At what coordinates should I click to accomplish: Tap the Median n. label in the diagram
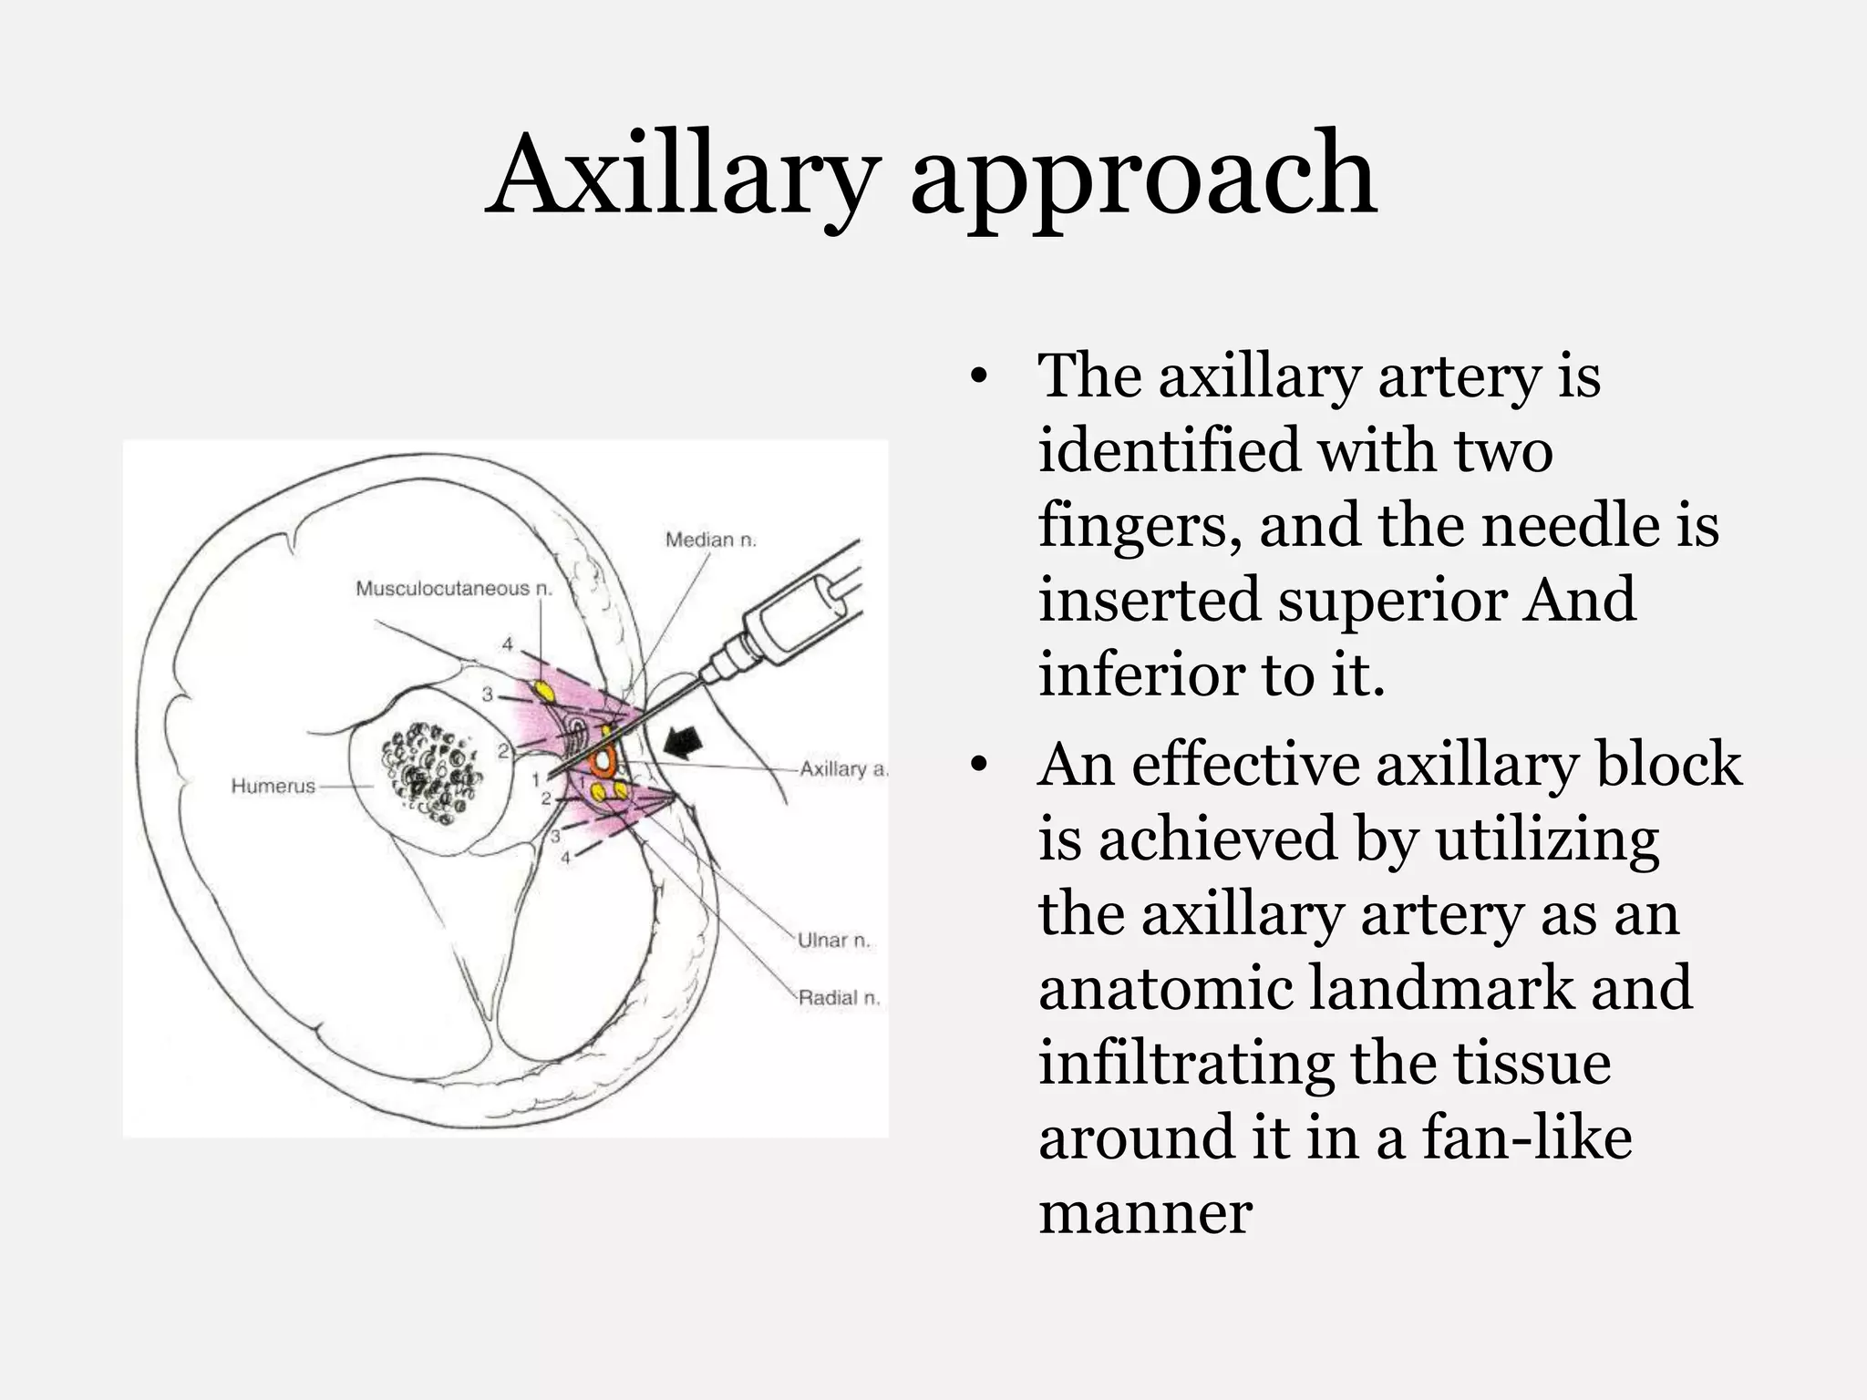(x=711, y=540)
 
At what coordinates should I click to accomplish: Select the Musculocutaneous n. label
(x=454, y=588)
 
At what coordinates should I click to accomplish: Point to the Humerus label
(x=273, y=786)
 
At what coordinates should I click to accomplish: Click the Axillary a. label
(x=842, y=768)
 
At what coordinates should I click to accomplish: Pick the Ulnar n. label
(x=833, y=940)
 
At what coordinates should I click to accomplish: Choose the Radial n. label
(x=839, y=998)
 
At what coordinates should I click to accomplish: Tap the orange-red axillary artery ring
(x=603, y=760)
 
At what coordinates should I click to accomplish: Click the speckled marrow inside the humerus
(x=428, y=773)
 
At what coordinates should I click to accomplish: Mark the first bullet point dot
(x=978, y=377)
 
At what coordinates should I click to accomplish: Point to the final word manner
(x=1145, y=1214)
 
